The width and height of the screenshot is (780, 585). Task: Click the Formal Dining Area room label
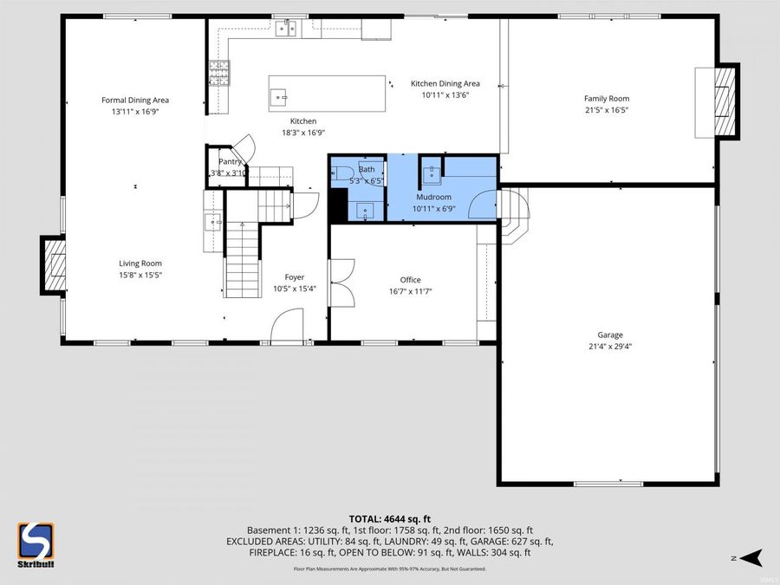pyautogui.click(x=135, y=101)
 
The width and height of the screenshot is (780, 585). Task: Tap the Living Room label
pyautogui.click(x=140, y=263)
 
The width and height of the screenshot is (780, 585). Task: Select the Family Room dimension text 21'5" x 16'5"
pyautogui.click(x=606, y=110)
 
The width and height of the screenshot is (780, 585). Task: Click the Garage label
pyautogui.click(x=609, y=335)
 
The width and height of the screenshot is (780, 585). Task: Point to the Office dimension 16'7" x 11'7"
pyautogui.click(x=410, y=291)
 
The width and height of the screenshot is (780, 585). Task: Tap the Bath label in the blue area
pyautogui.click(x=367, y=169)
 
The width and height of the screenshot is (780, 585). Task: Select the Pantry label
pyautogui.click(x=230, y=161)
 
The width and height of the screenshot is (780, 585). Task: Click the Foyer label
pyautogui.click(x=295, y=277)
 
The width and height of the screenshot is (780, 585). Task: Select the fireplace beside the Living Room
pyautogui.click(x=54, y=265)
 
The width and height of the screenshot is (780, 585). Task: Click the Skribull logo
pyautogui.click(x=36, y=543)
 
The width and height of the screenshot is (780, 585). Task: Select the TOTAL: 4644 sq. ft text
pyautogui.click(x=389, y=518)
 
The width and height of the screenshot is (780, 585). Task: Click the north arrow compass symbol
pyautogui.click(x=751, y=556)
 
